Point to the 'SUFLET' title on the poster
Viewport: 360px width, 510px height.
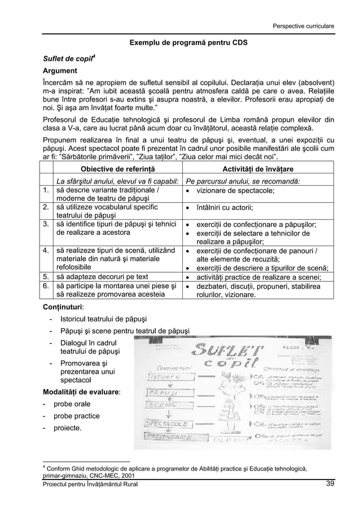pyautogui.click(x=229, y=350)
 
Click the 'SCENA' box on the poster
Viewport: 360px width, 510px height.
pyautogui.click(x=161, y=404)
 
